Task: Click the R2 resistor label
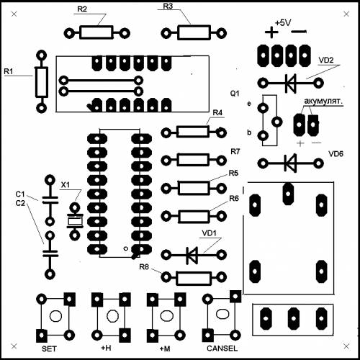point(82,9)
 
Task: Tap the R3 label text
point(168,6)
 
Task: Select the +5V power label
point(283,23)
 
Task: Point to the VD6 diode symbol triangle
point(290,163)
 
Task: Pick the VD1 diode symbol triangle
point(192,255)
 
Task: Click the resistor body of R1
point(42,82)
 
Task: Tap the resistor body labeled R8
point(194,279)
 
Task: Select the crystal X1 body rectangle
point(75,221)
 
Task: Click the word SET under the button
point(49,348)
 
